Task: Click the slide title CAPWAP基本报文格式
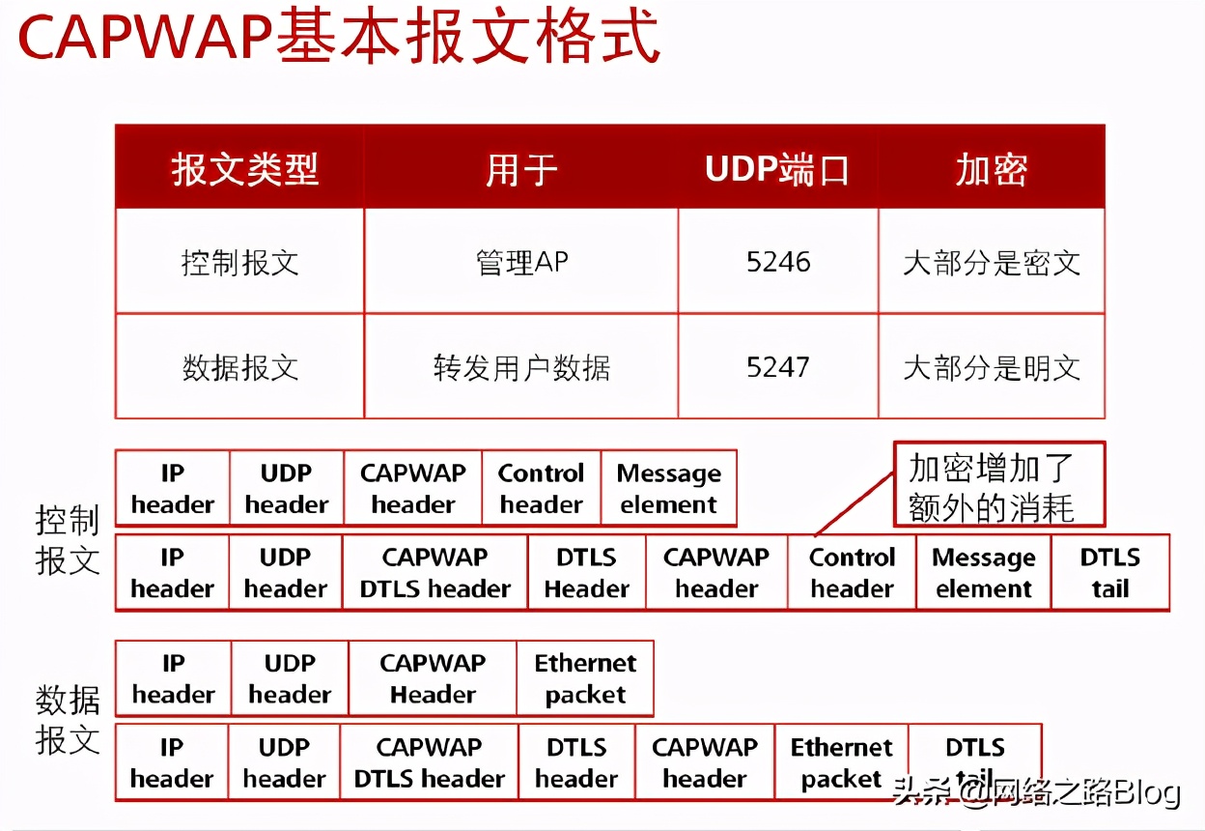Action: [x=338, y=39]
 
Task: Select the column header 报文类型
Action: [x=244, y=170]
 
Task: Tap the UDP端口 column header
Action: [x=777, y=170]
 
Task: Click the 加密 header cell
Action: [x=991, y=170]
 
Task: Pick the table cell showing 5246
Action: [x=778, y=262]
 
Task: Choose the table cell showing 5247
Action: [x=778, y=367]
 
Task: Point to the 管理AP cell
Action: [x=521, y=262]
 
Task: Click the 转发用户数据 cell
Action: [x=521, y=367]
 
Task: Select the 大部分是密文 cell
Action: [x=991, y=262]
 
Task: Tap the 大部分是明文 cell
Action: [x=991, y=367]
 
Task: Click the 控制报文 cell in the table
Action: [x=239, y=262]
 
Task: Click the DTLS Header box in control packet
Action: [x=586, y=573]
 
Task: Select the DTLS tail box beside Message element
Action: [x=1109, y=573]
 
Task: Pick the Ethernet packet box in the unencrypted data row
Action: [x=585, y=678]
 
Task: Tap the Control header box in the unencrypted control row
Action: [x=541, y=489]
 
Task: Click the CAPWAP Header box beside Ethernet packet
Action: [x=433, y=678]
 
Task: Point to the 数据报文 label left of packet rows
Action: [x=68, y=720]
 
